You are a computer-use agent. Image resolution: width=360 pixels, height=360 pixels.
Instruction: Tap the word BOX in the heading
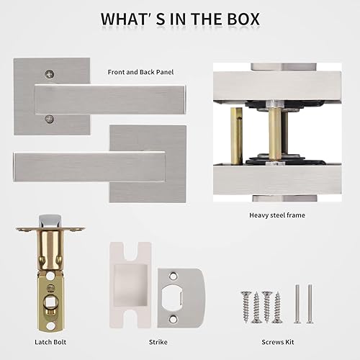pyautogui.click(x=238, y=18)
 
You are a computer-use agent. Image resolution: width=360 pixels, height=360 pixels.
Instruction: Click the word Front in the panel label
pyautogui.click(x=117, y=72)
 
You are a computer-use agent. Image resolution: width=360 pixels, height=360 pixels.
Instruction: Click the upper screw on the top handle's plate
pyautogui.click(x=48, y=74)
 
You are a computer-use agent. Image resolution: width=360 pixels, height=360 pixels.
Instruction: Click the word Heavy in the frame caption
pyautogui.click(x=260, y=215)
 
